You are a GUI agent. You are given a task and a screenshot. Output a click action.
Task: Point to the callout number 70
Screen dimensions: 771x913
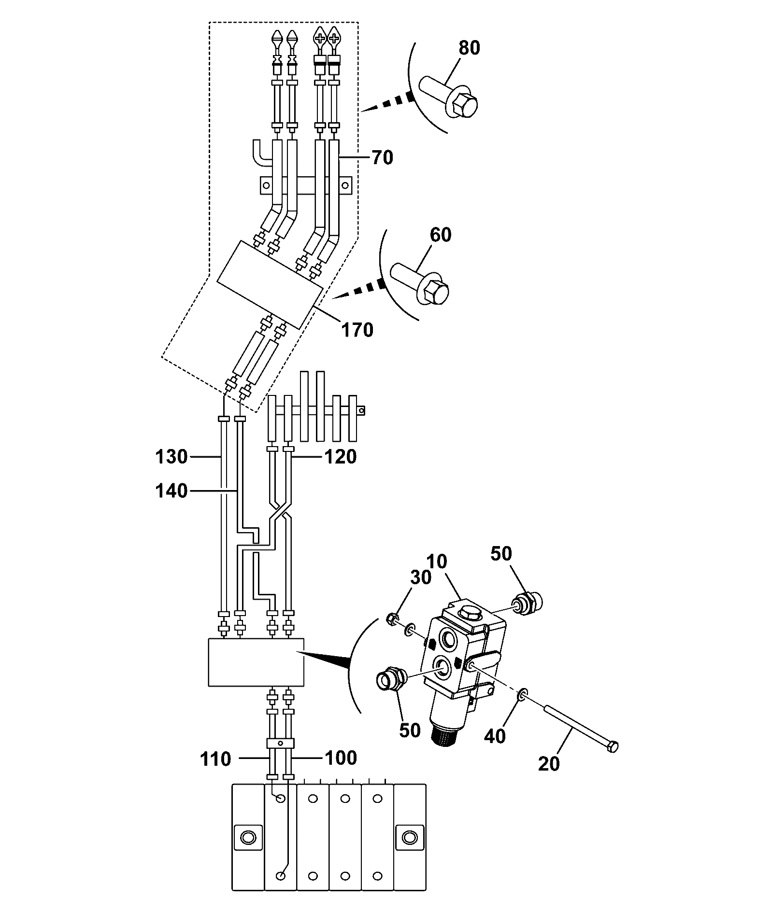point(382,158)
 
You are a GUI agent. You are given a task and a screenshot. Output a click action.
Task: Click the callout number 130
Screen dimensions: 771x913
point(171,456)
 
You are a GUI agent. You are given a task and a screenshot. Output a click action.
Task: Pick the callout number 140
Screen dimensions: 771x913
point(171,491)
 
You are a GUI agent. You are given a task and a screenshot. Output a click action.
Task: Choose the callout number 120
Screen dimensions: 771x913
point(341,456)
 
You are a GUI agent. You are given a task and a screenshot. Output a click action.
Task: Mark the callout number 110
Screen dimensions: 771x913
point(215,759)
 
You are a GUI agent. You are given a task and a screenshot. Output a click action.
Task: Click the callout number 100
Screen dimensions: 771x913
point(341,758)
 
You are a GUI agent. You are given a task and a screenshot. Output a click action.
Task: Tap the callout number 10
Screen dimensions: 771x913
point(437,562)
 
